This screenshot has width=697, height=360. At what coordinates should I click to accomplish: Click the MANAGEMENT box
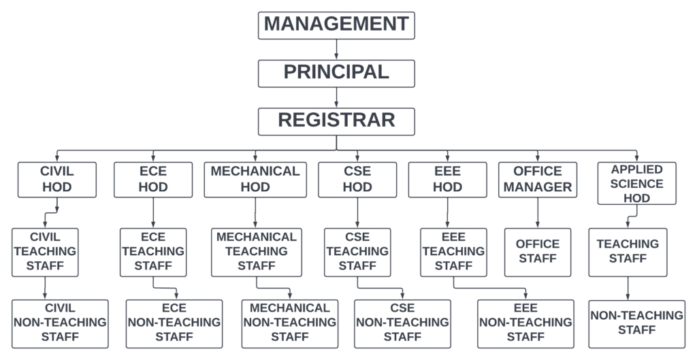tap(336, 24)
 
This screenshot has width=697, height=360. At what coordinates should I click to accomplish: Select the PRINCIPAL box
tap(336, 73)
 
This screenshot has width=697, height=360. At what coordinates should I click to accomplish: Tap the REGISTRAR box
tap(336, 121)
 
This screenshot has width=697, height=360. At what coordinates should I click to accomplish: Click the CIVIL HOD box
tap(57, 179)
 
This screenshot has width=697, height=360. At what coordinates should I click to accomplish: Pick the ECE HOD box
tap(152, 179)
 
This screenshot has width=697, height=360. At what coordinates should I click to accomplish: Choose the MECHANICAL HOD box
tap(255, 179)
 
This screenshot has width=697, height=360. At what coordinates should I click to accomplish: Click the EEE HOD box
tap(447, 179)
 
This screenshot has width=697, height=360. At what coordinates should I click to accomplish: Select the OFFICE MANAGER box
tap(538, 179)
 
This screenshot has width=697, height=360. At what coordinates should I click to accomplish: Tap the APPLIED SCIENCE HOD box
tap(636, 183)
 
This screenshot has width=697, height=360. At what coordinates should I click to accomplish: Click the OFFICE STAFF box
tap(538, 252)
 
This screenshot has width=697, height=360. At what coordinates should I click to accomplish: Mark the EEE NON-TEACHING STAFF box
tap(525, 323)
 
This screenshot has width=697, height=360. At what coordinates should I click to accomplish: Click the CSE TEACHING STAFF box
tap(357, 252)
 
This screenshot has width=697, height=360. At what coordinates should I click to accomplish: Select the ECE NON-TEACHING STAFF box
tap(174, 323)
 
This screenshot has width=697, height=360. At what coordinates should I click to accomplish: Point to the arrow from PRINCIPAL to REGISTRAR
tap(336, 97)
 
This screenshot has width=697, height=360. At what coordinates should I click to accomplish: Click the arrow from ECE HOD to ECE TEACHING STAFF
tap(152, 212)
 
